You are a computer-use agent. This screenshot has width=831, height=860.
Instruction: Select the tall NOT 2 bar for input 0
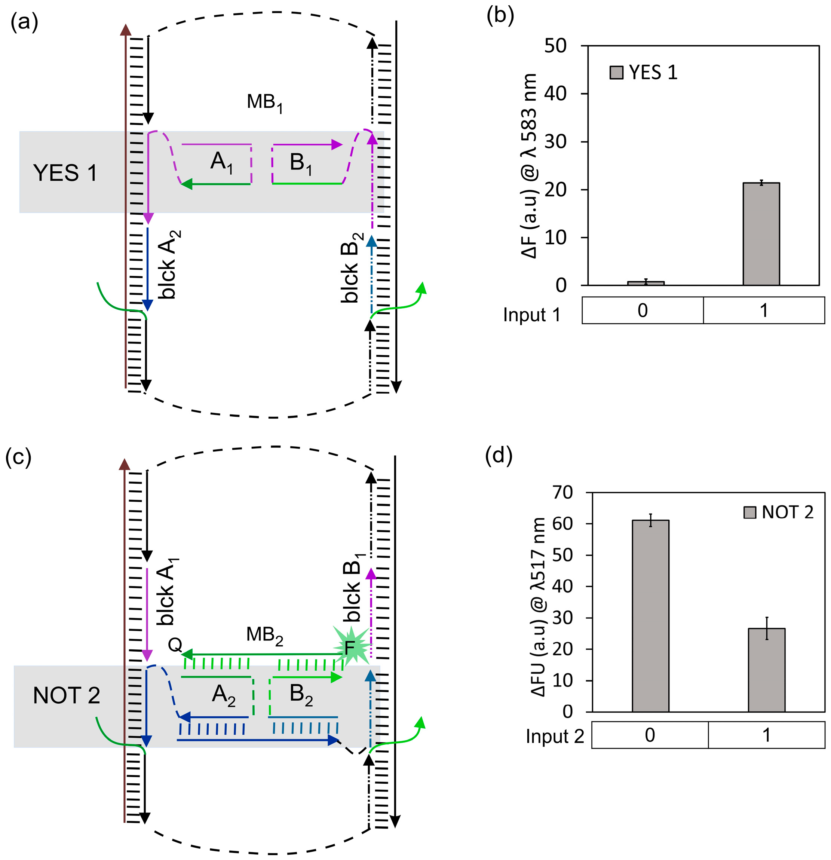[x=650, y=616]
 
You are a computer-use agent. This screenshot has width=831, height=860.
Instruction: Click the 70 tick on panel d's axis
[x=562, y=493]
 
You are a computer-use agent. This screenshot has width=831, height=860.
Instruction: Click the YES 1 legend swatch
[x=616, y=73]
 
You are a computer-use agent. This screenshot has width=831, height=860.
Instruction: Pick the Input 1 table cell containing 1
[x=763, y=310]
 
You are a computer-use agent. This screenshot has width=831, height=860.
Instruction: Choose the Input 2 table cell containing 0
[x=650, y=735]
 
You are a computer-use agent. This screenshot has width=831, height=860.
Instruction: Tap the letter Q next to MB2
[x=175, y=645]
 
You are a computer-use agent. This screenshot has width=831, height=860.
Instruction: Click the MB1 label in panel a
[x=264, y=102]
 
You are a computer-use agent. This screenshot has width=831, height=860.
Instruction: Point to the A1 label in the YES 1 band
[x=221, y=162]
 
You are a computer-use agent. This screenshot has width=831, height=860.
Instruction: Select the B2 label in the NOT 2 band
[x=301, y=695]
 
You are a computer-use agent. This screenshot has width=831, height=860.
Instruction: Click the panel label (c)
[x=18, y=457]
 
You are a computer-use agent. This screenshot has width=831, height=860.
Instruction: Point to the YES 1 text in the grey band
[x=65, y=173]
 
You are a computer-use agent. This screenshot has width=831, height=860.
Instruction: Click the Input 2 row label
[x=555, y=736]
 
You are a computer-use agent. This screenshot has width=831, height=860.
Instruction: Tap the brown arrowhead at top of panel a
[x=126, y=30]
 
